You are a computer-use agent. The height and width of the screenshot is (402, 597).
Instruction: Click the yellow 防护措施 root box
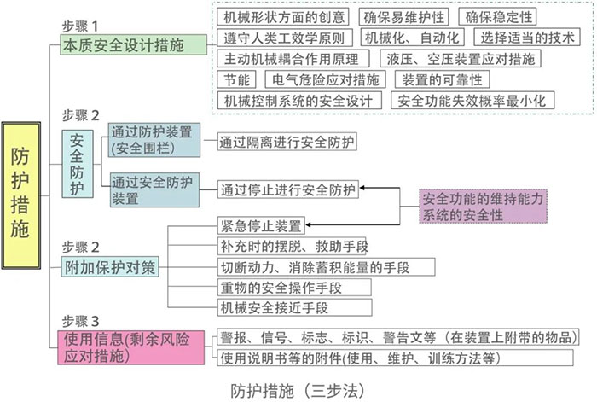click(21, 195)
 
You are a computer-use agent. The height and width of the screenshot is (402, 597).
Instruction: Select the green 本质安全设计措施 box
click(133, 45)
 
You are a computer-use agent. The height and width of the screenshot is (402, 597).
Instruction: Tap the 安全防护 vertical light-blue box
click(78, 164)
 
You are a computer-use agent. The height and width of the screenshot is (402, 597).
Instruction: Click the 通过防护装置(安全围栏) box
click(154, 140)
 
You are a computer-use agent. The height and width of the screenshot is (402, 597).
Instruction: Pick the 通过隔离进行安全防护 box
click(287, 142)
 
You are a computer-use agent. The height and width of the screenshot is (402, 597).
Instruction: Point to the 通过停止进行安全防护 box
click(288, 189)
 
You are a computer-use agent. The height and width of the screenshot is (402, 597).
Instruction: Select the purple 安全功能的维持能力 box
click(484, 207)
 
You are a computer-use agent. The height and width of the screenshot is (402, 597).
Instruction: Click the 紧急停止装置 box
click(261, 225)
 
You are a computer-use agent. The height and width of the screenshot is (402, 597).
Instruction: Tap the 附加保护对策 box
click(110, 267)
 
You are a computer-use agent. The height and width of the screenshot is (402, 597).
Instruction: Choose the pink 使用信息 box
click(131, 347)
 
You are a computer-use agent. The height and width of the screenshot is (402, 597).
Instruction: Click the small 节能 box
click(236, 79)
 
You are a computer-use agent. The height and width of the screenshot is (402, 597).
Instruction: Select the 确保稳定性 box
click(497, 17)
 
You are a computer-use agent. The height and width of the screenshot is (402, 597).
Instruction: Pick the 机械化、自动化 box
click(412, 38)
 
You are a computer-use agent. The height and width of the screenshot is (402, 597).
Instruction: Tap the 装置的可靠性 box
click(442, 79)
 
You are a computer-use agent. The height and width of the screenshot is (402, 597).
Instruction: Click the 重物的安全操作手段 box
click(294, 288)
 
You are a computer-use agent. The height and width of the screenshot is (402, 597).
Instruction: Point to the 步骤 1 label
click(80, 26)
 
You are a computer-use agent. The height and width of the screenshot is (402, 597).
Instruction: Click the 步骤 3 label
click(80, 321)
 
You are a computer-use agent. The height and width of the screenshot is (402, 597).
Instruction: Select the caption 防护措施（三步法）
click(298, 391)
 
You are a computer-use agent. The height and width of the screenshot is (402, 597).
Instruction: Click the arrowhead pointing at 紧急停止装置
click(308, 224)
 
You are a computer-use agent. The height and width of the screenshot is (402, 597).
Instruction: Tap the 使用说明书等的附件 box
click(395, 358)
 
